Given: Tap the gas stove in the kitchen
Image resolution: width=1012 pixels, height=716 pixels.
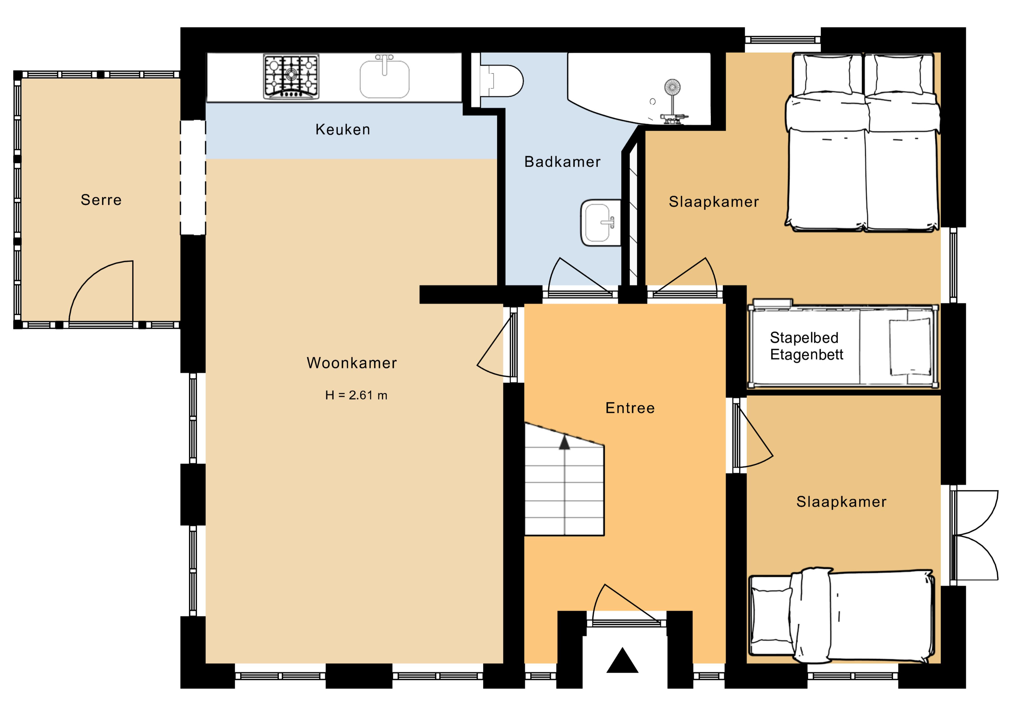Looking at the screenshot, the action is pos(291,76).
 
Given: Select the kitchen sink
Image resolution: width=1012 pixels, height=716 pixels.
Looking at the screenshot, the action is pos(384,77).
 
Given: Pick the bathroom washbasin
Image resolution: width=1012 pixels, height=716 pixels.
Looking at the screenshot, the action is pos(600,223).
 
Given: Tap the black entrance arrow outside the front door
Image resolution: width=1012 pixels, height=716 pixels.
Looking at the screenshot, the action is pos(622,660).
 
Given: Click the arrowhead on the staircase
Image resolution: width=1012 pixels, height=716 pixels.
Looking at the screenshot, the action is pos(564,443).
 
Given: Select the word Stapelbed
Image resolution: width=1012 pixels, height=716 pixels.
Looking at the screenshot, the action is pos(804,338).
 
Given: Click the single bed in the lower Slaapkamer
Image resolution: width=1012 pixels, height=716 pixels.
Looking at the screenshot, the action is pos(842,616).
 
